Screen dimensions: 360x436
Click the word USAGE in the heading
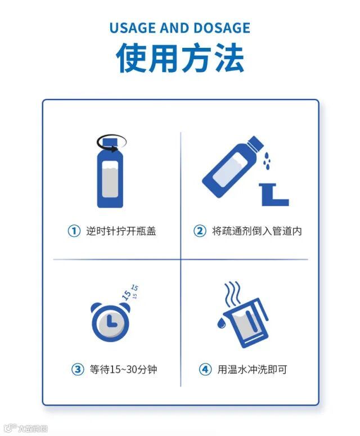[x=133, y=28]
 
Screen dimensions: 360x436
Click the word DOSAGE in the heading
[x=222, y=28]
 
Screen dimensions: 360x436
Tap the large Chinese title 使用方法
[x=180, y=58]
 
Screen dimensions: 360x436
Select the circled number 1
[x=74, y=231]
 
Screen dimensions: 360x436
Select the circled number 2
[x=200, y=231]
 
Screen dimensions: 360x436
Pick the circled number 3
[x=78, y=369]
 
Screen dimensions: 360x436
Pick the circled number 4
[x=205, y=369]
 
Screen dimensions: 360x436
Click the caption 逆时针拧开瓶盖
[x=121, y=231]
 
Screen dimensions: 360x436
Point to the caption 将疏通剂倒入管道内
[x=257, y=231]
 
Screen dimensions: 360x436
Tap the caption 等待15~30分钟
[x=123, y=369]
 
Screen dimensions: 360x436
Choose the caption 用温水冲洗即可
[x=252, y=369]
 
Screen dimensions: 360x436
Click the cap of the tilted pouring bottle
[x=255, y=143]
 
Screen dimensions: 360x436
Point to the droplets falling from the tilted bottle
[x=267, y=160]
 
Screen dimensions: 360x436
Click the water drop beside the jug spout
[x=221, y=323]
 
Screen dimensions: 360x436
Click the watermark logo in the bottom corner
[x=26, y=428]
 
